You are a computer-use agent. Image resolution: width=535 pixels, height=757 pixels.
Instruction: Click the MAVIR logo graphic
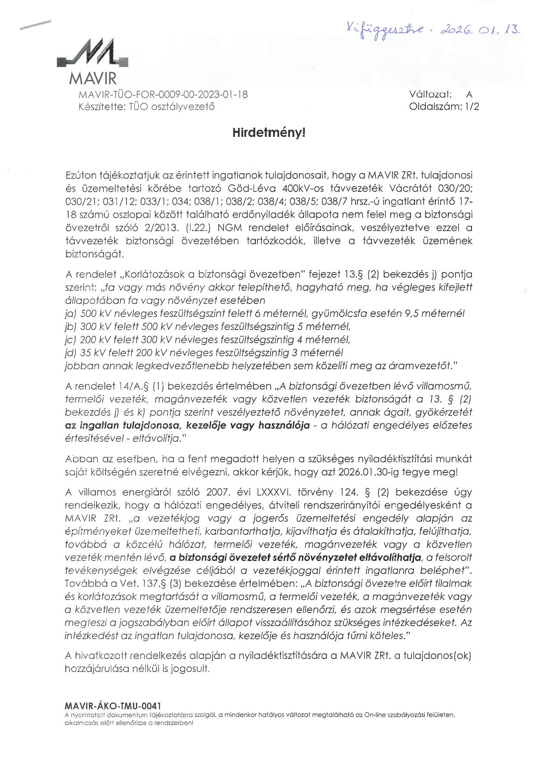pos(93,54)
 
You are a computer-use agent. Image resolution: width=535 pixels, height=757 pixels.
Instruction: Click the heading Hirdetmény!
pos(269,133)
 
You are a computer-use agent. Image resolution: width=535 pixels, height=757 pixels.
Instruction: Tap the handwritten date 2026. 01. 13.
pos(479,29)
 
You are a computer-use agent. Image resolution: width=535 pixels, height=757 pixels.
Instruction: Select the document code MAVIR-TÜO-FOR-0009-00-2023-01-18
pos(163,95)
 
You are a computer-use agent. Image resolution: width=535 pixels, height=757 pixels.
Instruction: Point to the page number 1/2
pos(472,107)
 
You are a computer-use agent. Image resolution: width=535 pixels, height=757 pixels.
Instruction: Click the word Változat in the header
pos(430,95)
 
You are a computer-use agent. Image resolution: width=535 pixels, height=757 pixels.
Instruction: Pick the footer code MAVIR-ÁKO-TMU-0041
pos(113,706)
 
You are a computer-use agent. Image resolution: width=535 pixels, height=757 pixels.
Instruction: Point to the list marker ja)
pos(71,314)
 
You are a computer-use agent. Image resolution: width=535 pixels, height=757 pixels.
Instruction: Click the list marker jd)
pos(71,353)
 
